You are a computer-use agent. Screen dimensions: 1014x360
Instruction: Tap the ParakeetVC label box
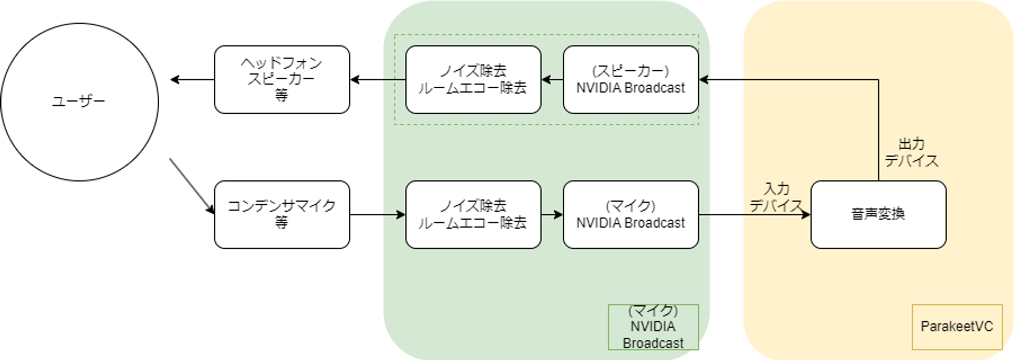click(957, 327)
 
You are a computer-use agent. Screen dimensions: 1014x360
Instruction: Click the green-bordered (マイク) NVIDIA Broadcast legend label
click(653, 327)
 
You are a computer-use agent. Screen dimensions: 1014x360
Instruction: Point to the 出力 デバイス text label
click(912, 153)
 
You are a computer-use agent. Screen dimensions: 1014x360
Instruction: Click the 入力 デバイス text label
click(777, 197)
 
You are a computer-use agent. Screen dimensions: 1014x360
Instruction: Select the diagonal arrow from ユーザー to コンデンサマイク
click(192, 186)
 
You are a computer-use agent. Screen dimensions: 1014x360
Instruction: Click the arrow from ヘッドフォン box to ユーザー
click(192, 80)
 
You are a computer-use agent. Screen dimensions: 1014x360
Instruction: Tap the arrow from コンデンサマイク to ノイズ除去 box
click(378, 214)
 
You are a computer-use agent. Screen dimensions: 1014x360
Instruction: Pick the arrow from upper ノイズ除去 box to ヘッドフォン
click(378, 80)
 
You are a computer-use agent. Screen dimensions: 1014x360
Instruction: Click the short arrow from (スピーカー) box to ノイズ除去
click(552, 80)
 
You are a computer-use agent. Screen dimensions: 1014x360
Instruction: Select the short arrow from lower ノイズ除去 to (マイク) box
click(552, 214)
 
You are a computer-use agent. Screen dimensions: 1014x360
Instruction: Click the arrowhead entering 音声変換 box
click(806, 214)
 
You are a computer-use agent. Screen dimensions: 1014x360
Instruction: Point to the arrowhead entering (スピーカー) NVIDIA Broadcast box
click(704, 80)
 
